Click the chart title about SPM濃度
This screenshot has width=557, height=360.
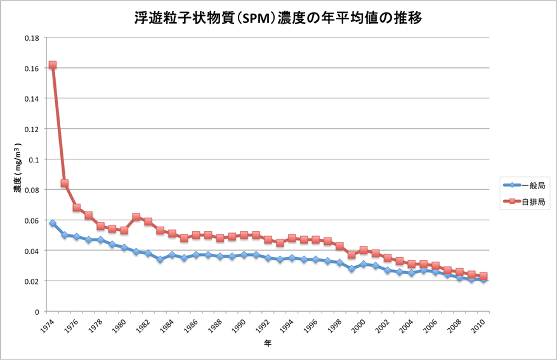pyautogui.click(x=278, y=18)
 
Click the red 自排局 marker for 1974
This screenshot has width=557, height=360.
pyautogui.click(x=53, y=65)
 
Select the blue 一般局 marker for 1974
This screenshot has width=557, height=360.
pyautogui.click(x=53, y=223)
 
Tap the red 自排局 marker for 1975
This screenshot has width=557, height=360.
pyautogui.click(x=65, y=183)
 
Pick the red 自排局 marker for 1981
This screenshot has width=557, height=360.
pyautogui.click(x=136, y=217)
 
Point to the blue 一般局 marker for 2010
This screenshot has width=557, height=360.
pyautogui.click(x=483, y=279)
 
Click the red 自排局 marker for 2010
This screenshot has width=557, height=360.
pyautogui.click(x=483, y=276)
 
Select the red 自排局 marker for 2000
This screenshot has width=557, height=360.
pyautogui.click(x=364, y=250)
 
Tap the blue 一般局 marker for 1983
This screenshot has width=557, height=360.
pyautogui.click(x=161, y=259)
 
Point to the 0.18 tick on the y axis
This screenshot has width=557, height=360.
pyautogui.click(x=32, y=37)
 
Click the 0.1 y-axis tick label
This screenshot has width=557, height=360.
pyautogui.click(x=34, y=159)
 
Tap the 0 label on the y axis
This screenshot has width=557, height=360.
pyautogui.click(x=37, y=312)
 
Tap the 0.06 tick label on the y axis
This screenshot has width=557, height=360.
pyautogui.click(x=32, y=220)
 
